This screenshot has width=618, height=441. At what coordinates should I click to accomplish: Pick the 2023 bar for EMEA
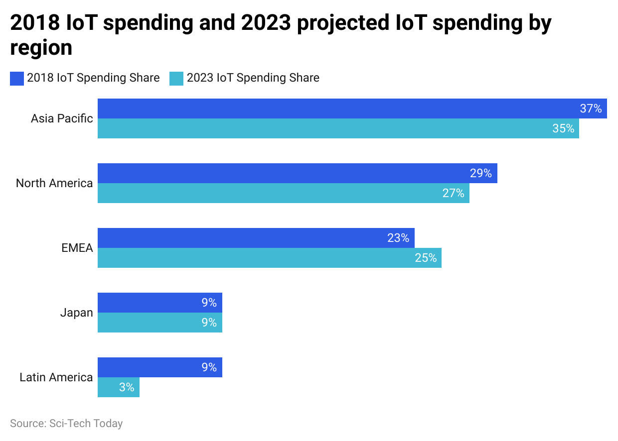[x=269, y=258]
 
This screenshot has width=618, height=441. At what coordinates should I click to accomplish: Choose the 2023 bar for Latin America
[x=118, y=387]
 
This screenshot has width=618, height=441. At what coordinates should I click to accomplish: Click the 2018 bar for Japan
[x=159, y=303]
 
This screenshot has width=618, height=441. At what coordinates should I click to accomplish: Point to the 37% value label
[x=591, y=109]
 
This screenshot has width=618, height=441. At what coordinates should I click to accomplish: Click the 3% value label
[x=127, y=387]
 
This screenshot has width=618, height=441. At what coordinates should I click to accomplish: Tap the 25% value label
[x=426, y=258]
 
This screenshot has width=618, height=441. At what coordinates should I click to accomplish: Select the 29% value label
[x=481, y=173]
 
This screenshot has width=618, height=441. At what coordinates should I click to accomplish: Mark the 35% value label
[x=563, y=128]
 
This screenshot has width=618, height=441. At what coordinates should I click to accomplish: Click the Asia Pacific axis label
[x=62, y=118]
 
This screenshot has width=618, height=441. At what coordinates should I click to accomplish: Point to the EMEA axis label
[x=77, y=248]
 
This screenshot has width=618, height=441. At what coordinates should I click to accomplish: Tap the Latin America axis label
[x=56, y=377]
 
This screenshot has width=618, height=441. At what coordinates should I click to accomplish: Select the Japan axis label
[x=77, y=313]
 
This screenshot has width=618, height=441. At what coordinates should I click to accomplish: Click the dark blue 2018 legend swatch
[x=17, y=79]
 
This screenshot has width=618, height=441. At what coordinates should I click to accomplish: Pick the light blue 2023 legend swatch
[x=176, y=79]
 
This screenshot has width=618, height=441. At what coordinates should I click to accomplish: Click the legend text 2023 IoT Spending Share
[x=253, y=78]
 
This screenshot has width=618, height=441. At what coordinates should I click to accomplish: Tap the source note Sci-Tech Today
[x=66, y=424]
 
